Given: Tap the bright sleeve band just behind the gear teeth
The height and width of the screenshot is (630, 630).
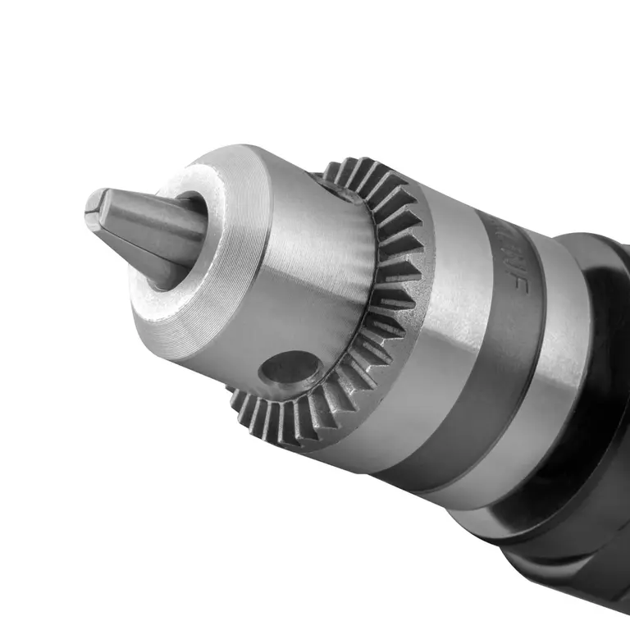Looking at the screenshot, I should click(443, 328).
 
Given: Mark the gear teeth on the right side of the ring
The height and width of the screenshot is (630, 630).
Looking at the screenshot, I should click(394, 312).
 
